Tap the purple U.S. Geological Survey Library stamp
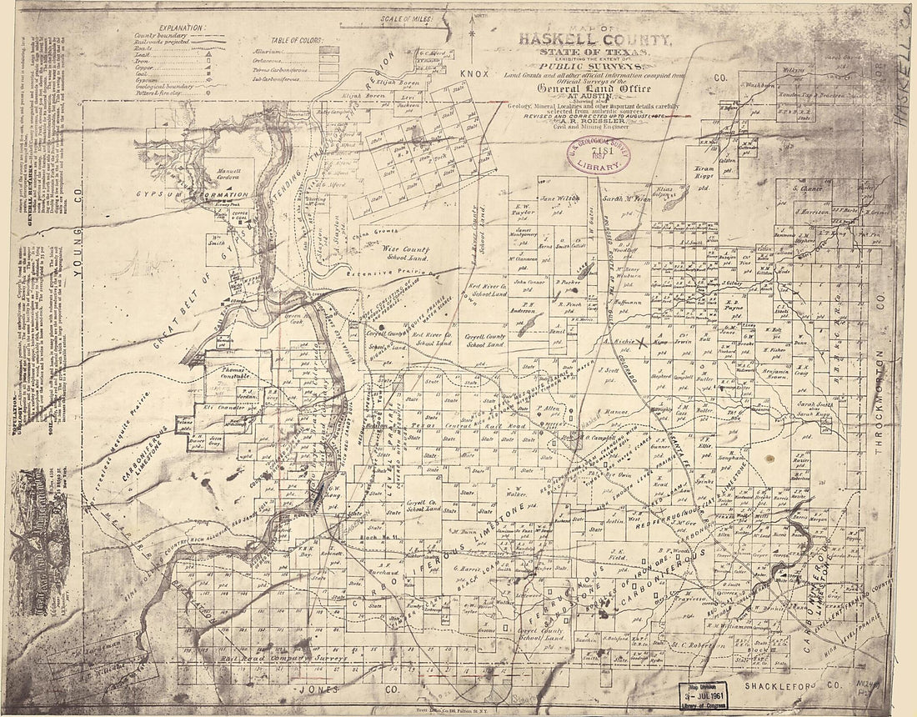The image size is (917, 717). coord(598,156)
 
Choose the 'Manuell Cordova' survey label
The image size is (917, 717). coord(223,173)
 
